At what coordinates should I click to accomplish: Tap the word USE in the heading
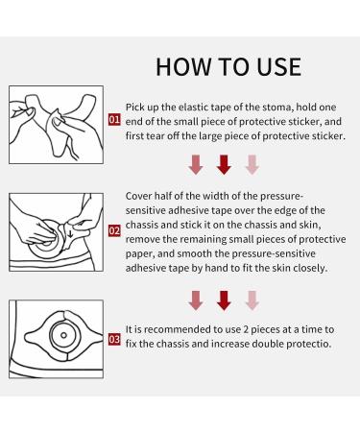click(279, 67)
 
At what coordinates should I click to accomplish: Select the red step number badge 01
click(114, 120)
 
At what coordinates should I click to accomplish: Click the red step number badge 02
click(114, 230)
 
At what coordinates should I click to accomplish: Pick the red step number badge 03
click(114, 339)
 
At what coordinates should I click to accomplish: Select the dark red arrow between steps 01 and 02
click(224, 164)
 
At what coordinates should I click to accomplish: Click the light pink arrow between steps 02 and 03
click(252, 300)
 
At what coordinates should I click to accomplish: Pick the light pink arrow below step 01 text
click(252, 164)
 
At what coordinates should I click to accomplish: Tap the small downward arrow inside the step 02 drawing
click(70, 234)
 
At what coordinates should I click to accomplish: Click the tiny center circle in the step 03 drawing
click(63, 335)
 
